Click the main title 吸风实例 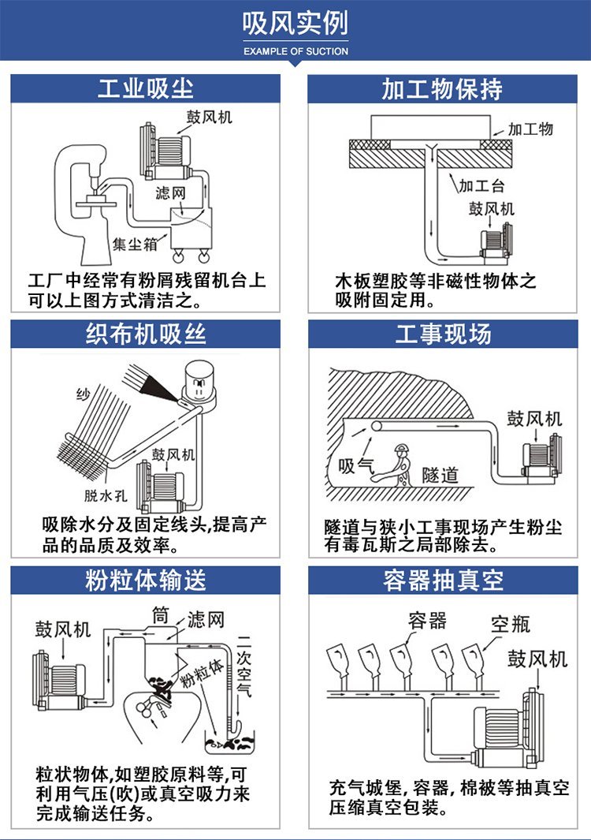tap(295, 23)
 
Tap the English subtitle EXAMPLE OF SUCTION tap(295, 51)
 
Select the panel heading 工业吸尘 tap(146, 88)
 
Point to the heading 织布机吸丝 tap(146, 334)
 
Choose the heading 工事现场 tap(443, 334)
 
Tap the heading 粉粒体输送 tap(146, 581)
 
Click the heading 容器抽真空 tap(443, 581)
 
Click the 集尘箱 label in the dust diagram tap(136, 245)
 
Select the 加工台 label tap(481, 186)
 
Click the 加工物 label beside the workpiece tap(530, 129)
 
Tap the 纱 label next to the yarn tap(83, 395)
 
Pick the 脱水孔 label tap(106, 495)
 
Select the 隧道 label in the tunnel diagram tap(440, 475)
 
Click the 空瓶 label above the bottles tap(510, 625)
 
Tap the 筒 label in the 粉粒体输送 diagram tap(161, 616)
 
